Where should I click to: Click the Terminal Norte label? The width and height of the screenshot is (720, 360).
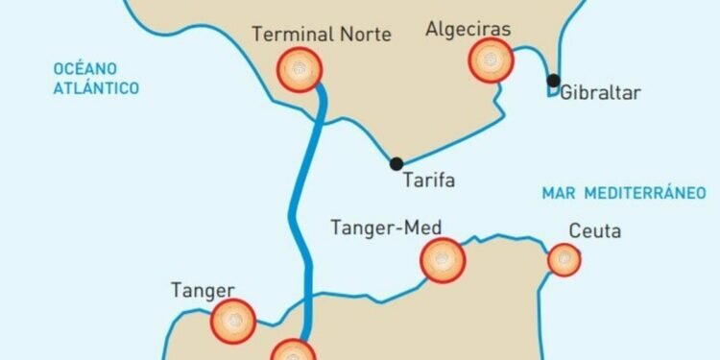click(x=322, y=35)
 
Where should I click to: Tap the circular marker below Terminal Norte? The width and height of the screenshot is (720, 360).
click(x=299, y=70)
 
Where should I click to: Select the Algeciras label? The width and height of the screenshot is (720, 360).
click(x=468, y=30)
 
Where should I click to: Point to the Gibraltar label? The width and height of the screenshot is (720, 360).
click(x=599, y=93)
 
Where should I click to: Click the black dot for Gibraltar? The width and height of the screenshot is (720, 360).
click(x=554, y=80)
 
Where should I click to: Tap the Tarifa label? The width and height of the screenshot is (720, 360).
click(x=428, y=180)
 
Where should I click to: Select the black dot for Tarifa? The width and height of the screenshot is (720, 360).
click(x=396, y=164)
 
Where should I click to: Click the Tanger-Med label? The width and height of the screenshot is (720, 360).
click(x=385, y=228)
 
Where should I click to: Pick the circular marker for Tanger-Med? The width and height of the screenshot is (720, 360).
click(x=443, y=259)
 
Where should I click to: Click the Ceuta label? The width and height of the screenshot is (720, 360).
click(x=595, y=231)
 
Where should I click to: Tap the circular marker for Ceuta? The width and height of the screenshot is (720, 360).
click(x=564, y=259)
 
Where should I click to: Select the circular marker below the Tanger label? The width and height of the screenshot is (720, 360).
click(x=233, y=320)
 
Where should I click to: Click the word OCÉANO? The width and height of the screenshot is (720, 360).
click(x=84, y=68)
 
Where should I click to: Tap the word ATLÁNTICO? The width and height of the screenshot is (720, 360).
click(x=97, y=88)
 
